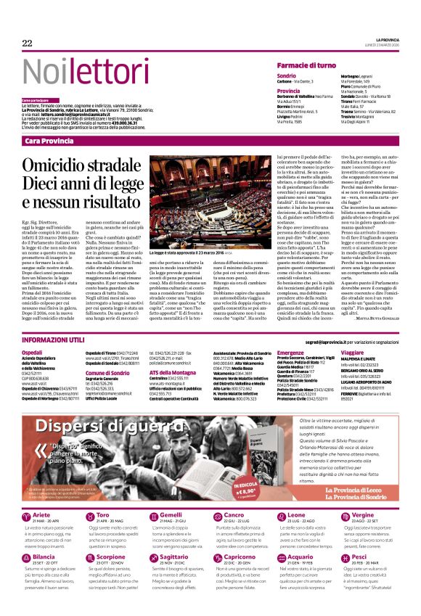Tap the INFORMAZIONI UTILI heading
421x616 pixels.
(x=53, y=340)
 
